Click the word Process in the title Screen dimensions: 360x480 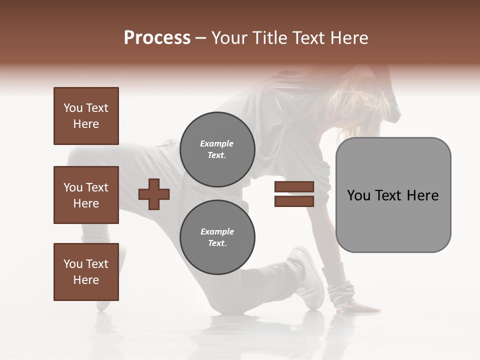157,38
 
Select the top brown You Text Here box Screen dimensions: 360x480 86,116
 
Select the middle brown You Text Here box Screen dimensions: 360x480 86,195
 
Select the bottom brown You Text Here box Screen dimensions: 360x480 86,272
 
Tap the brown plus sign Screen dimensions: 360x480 154,193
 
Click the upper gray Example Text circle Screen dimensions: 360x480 217,149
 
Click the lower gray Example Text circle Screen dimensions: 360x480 217,237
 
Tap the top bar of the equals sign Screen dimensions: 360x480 294,186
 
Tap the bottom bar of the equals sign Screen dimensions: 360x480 294,201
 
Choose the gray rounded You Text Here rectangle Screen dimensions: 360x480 393,195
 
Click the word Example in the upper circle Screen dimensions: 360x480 217,143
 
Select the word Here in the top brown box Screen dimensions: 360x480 86,124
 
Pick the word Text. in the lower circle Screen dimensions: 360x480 217,243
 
